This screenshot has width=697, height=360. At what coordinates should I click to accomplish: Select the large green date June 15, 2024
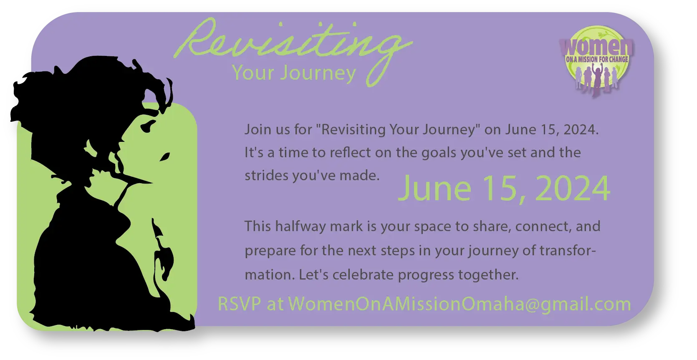click(x=504, y=189)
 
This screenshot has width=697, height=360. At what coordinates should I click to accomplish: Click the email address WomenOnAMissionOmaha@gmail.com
click(x=460, y=304)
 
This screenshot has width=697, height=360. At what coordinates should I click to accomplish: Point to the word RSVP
click(x=240, y=304)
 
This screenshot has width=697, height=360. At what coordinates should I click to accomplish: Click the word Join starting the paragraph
click(x=258, y=130)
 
